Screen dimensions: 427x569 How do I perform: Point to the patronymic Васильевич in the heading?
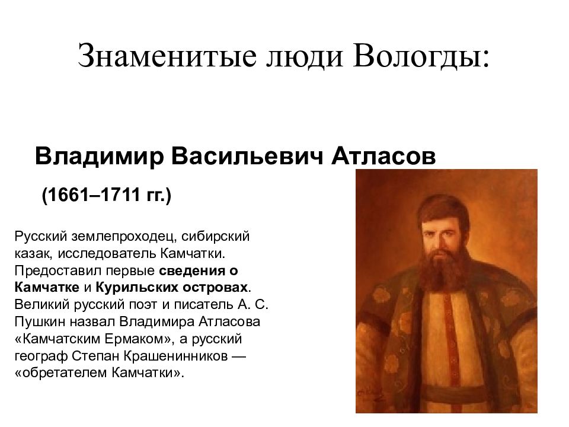click(x=246, y=156)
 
